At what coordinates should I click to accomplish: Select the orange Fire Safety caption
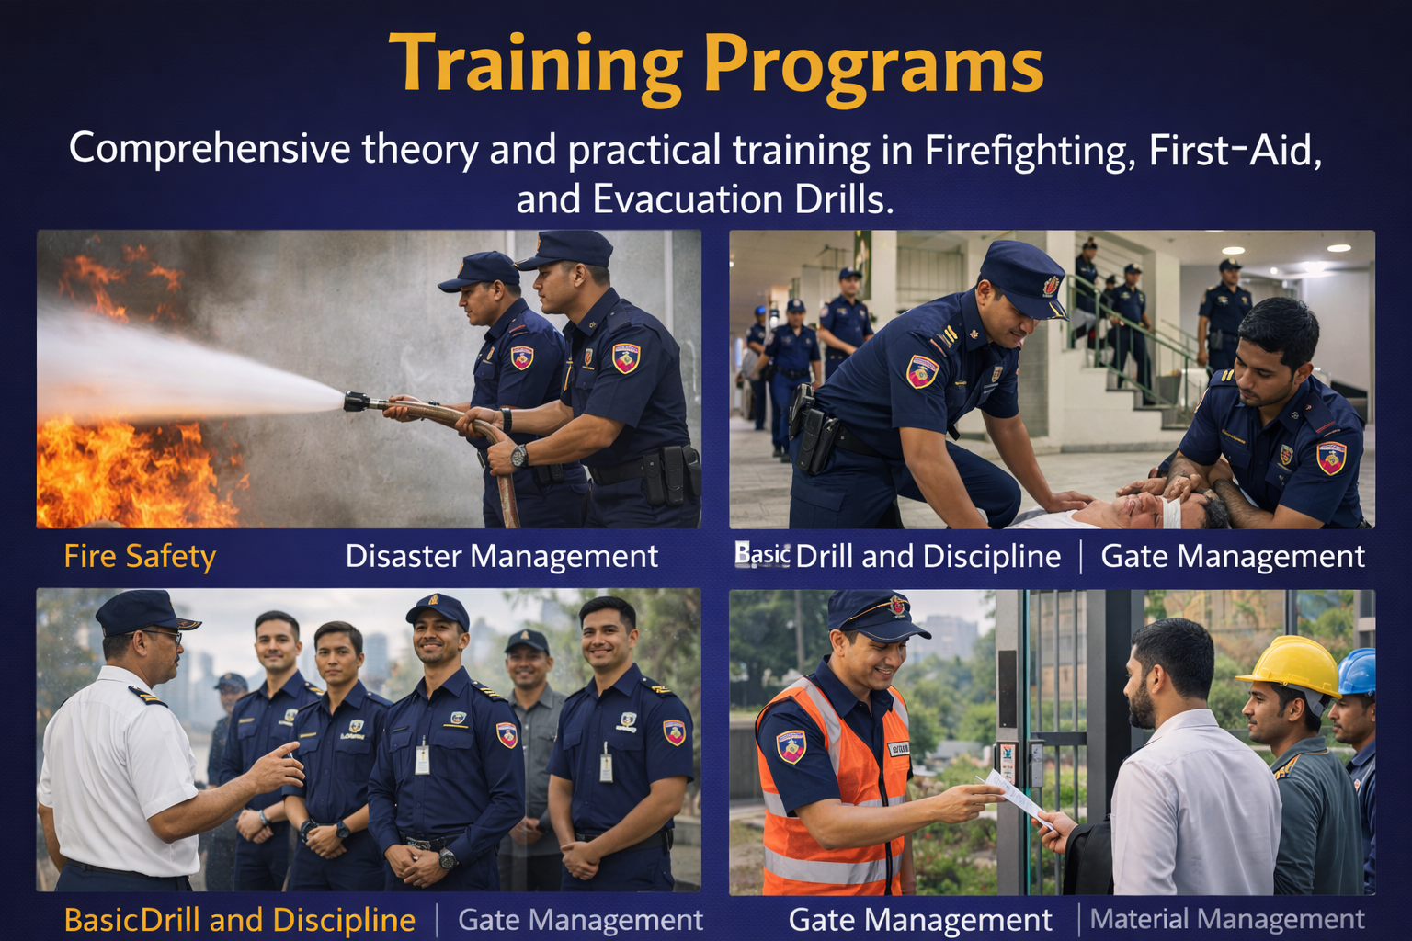140,556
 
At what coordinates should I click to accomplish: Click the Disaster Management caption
501,556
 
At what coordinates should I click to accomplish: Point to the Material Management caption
1226,919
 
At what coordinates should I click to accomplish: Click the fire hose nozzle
357,401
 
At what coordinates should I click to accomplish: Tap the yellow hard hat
1290,664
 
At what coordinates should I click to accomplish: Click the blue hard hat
1360,671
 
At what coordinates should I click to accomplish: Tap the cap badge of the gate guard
897,607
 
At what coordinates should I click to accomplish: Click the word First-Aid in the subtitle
1235,150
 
